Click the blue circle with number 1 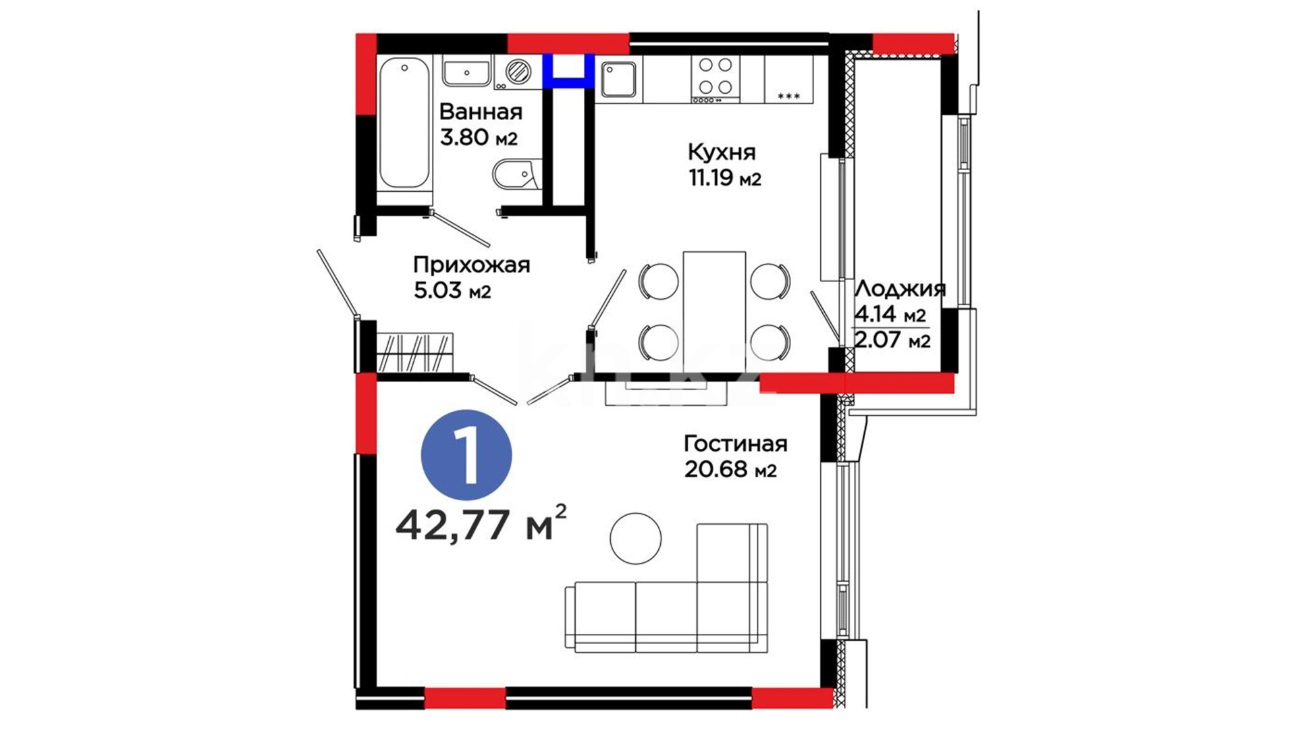coord(466,456)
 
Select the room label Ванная coord(481,111)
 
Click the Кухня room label coord(722,153)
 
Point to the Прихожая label coord(471,265)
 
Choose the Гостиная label coord(736,443)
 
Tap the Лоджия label coord(900,290)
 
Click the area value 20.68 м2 coord(730,469)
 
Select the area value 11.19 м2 coord(725,179)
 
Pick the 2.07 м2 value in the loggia coord(892,340)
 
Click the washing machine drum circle coord(518,71)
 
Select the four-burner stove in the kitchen coord(715,79)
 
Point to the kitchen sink coord(619,79)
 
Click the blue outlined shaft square coord(568,71)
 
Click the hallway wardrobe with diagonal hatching coord(414,352)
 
